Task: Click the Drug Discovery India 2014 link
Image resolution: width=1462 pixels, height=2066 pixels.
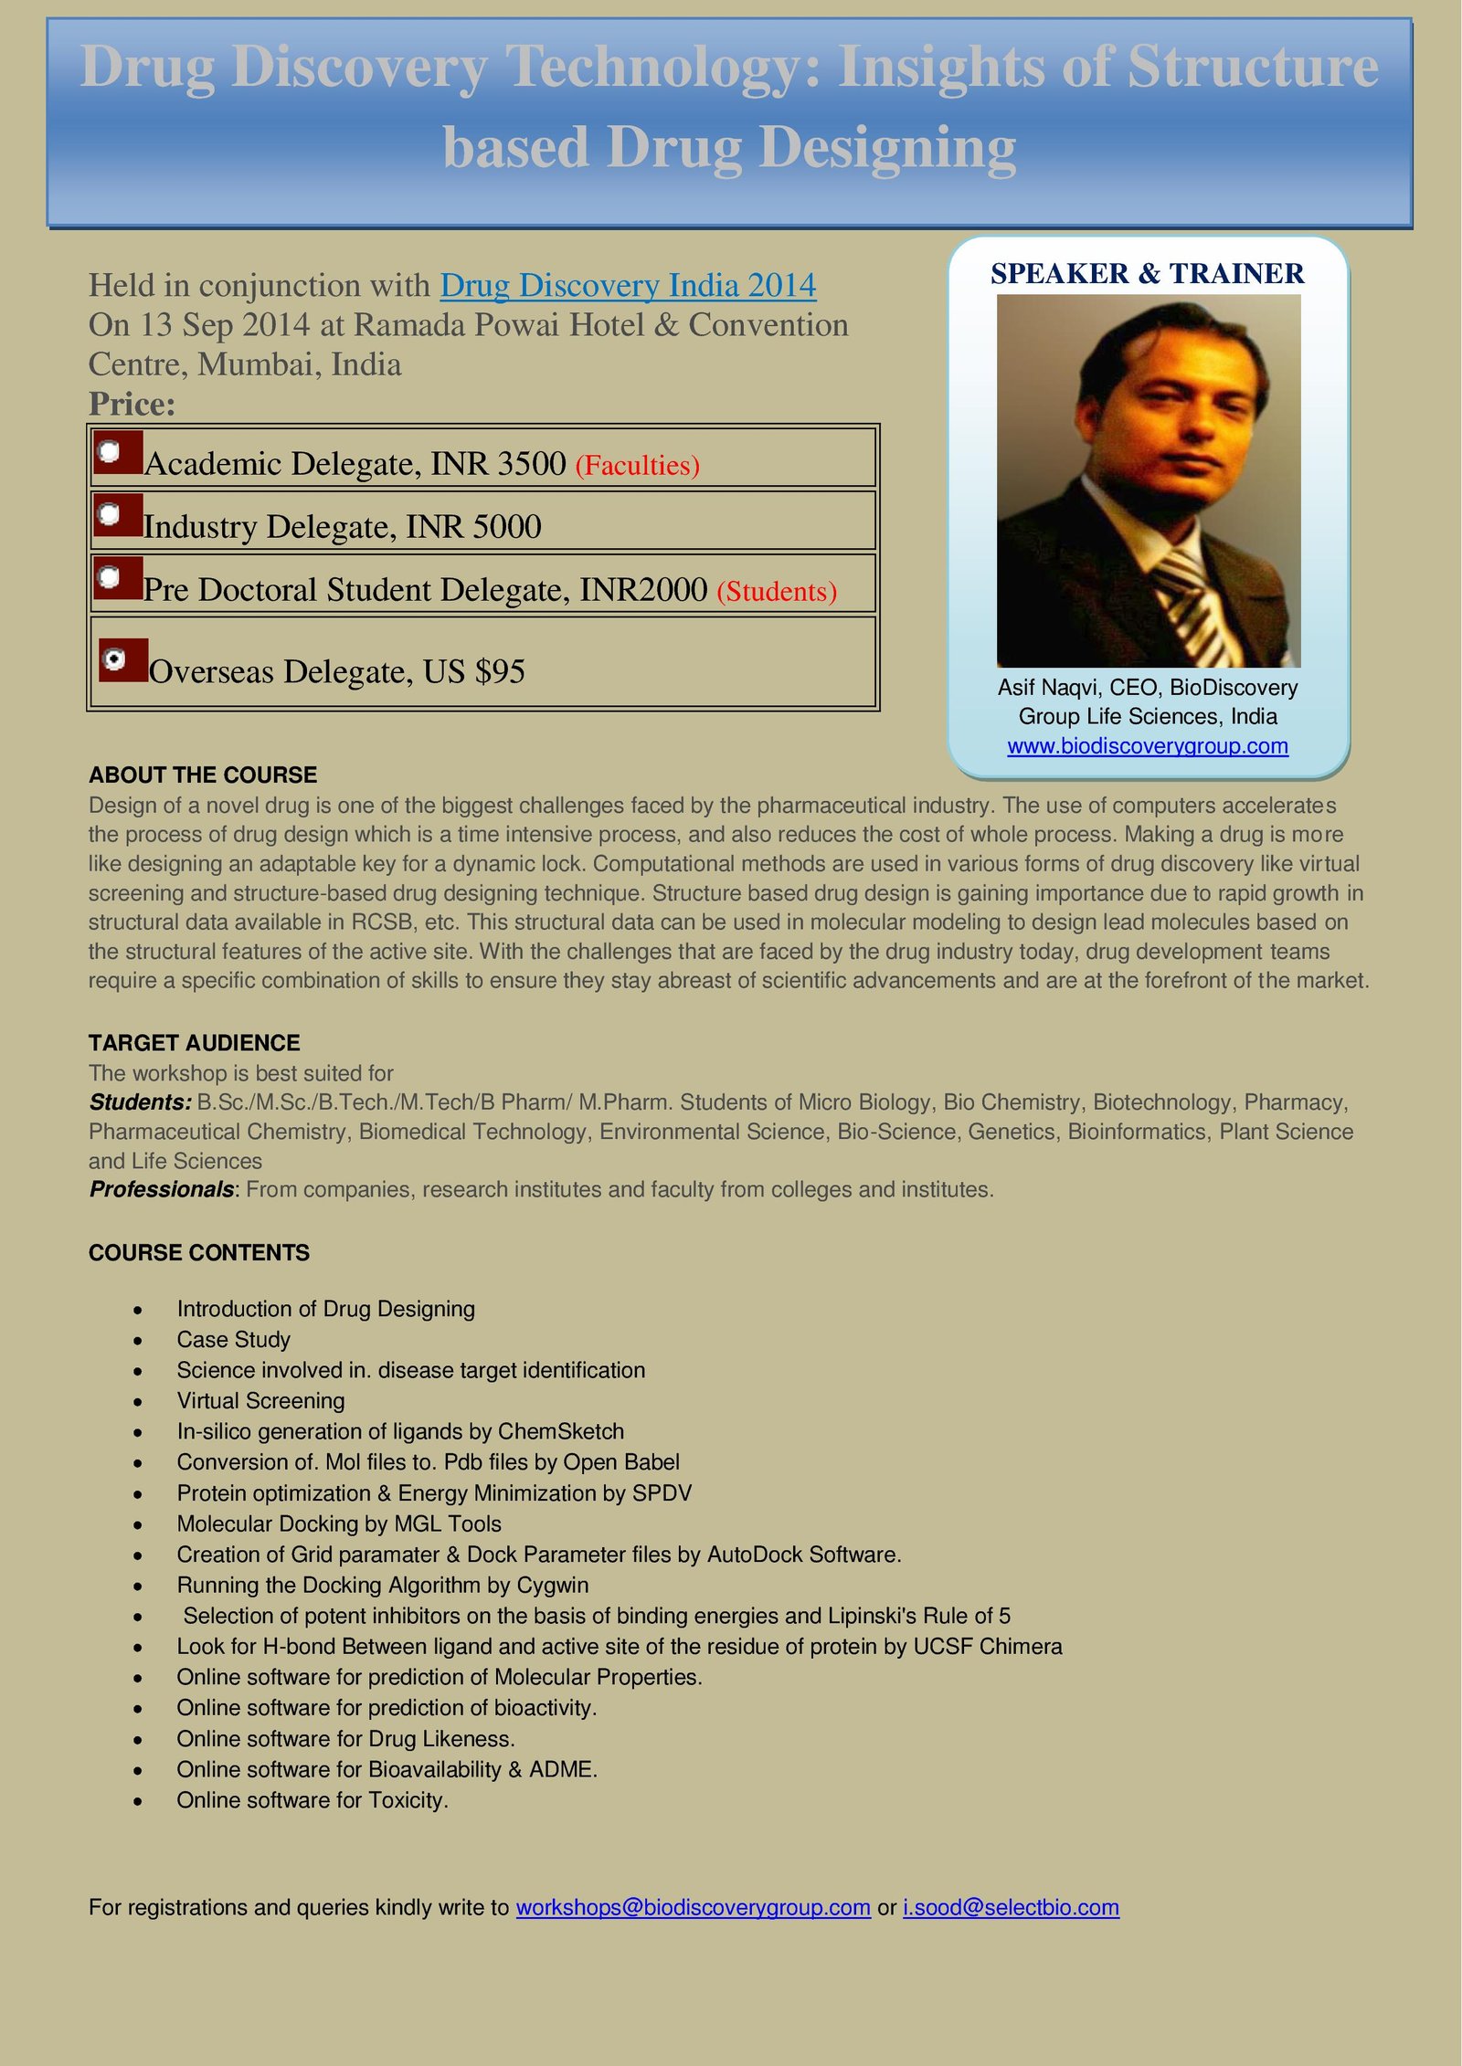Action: tap(628, 286)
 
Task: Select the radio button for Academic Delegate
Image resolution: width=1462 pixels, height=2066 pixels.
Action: tap(110, 451)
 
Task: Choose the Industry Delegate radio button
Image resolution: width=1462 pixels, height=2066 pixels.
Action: tap(110, 514)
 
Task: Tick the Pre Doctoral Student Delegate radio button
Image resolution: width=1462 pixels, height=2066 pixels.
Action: tap(110, 577)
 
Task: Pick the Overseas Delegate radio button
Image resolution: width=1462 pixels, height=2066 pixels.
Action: tap(115, 659)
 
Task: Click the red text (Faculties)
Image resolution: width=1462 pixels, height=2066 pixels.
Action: tap(637, 466)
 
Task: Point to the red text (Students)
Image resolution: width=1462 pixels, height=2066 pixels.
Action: tap(777, 592)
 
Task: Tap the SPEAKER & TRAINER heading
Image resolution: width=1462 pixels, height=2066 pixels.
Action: tap(1147, 273)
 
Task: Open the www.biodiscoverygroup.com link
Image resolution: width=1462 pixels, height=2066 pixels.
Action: tap(1148, 746)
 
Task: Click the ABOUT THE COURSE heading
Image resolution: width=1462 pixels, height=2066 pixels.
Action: tap(203, 775)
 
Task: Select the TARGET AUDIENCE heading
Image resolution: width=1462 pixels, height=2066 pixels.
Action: tap(195, 1043)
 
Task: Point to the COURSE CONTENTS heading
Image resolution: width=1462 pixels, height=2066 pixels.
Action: tap(199, 1252)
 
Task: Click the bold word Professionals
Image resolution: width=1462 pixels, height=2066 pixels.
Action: tap(162, 1189)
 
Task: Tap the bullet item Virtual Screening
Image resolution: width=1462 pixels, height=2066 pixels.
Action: tap(260, 1401)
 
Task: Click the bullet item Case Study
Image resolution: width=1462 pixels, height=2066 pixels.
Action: tap(233, 1340)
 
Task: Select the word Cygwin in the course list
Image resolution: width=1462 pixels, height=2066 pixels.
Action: tap(552, 1585)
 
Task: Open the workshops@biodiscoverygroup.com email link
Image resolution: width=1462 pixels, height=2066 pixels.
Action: tap(693, 1907)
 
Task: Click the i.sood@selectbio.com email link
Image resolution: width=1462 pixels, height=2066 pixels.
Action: tap(1011, 1907)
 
